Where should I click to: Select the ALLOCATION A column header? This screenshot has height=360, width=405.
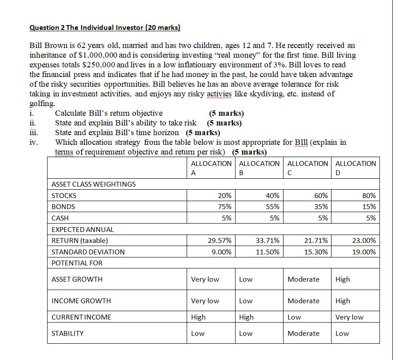click(x=211, y=168)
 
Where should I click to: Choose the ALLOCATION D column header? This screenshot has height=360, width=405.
click(x=356, y=168)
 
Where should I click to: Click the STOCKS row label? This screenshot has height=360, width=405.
click(x=64, y=195)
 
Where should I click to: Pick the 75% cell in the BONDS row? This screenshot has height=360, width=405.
click(x=224, y=207)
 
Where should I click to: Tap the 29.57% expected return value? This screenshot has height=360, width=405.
click(x=220, y=241)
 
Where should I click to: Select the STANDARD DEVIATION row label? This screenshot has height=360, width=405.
click(x=88, y=252)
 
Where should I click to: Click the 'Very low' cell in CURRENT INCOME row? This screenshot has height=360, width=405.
click(x=350, y=317)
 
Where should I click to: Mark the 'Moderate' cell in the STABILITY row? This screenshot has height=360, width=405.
click(x=303, y=333)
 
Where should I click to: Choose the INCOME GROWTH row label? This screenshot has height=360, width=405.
click(x=81, y=301)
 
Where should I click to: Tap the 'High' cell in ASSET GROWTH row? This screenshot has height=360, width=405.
click(x=343, y=279)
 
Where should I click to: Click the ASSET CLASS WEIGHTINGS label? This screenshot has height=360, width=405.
click(x=93, y=184)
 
